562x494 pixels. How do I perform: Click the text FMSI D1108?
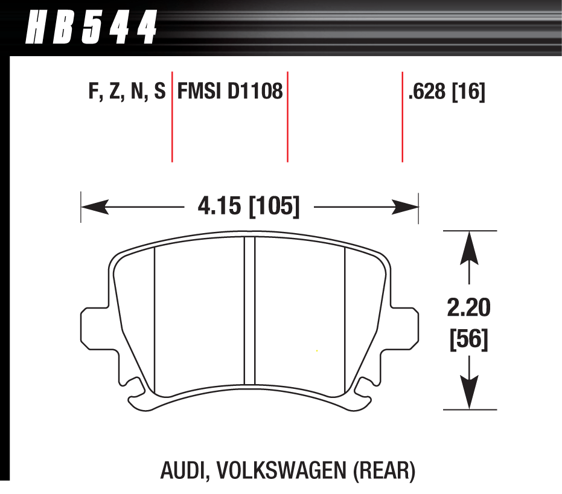coord(229,92)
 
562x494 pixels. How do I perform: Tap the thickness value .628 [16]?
coord(447,92)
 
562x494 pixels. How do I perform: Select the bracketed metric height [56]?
coord(469,340)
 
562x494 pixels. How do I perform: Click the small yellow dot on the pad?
coord(317,351)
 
